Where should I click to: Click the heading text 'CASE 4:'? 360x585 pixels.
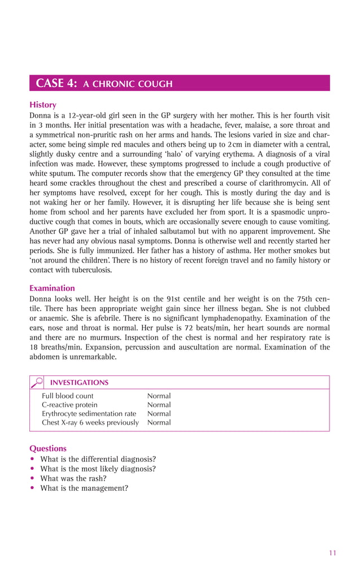56,84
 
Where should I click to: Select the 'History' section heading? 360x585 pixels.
43,105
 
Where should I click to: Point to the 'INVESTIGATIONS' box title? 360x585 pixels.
80,382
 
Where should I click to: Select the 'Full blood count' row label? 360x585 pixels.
68,396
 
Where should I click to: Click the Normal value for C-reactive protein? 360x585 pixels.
159,405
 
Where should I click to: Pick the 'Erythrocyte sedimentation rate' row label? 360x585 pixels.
89,413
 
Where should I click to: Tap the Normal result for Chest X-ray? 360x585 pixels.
159,422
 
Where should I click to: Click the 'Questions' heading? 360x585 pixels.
48,448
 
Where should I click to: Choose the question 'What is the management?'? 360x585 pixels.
84,488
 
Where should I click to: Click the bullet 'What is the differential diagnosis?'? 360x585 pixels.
98,459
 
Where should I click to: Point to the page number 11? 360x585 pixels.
332,553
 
